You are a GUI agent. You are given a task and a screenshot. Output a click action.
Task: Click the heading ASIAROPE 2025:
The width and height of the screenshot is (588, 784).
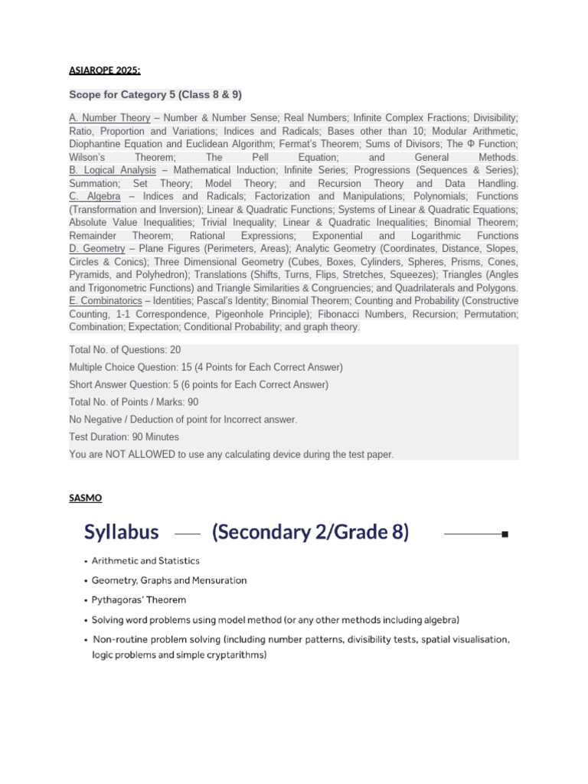104,70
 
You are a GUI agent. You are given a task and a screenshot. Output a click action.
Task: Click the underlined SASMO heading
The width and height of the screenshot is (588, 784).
85,498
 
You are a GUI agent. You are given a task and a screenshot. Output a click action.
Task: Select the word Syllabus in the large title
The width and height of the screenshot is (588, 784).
122,532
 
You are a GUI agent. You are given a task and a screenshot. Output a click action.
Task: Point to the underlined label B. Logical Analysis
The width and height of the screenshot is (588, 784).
113,170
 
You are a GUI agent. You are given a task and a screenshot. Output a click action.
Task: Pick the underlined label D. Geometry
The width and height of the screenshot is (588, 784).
96,249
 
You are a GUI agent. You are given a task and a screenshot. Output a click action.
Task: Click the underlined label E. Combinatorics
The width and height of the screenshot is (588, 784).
105,301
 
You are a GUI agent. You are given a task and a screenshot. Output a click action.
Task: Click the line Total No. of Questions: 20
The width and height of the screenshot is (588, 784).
125,350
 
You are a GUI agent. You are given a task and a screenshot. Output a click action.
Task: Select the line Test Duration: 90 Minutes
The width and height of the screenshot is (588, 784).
124,437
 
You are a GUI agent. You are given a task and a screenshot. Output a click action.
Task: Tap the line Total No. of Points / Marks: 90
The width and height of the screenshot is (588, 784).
134,402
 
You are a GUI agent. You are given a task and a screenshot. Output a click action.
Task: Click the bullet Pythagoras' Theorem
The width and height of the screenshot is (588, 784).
139,600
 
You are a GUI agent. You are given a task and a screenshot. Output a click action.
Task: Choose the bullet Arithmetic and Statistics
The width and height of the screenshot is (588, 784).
145,561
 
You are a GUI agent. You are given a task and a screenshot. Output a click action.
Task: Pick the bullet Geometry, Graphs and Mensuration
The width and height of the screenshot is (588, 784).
169,580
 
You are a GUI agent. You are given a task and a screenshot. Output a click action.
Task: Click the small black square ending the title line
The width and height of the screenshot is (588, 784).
505,534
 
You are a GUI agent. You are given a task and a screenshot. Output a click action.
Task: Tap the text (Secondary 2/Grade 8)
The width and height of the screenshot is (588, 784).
310,532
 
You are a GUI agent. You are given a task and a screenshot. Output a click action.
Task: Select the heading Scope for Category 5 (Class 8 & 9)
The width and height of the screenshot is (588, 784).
155,94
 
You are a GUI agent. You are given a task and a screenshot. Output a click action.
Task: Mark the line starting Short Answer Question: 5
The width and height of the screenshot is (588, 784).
198,384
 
